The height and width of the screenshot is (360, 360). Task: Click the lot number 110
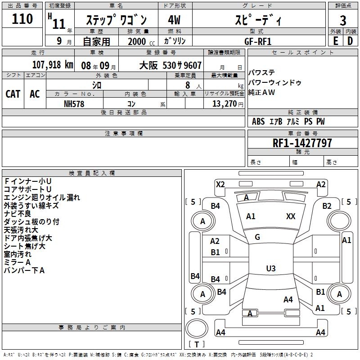(22, 19)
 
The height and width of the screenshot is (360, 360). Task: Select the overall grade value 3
(343, 20)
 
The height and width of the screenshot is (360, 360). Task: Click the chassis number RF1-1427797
(302, 143)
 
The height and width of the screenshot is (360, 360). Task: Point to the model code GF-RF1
(259, 41)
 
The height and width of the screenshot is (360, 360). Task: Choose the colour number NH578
(74, 103)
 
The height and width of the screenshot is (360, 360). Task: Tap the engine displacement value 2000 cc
(137, 41)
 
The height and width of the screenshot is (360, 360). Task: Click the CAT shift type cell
(13, 94)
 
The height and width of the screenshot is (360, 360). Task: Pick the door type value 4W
(174, 20)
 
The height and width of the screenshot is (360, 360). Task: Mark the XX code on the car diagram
(291, 216)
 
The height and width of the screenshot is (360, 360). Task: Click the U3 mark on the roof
(270, 269)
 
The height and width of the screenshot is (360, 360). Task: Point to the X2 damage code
(220, 184)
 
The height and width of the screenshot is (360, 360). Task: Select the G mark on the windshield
(257, 237)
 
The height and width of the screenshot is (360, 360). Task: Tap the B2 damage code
(327, 206)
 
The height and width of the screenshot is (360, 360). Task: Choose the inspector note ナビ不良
(18, 214)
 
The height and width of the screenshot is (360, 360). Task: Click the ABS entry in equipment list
(258, 121)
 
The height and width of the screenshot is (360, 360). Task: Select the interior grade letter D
(350, 41)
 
